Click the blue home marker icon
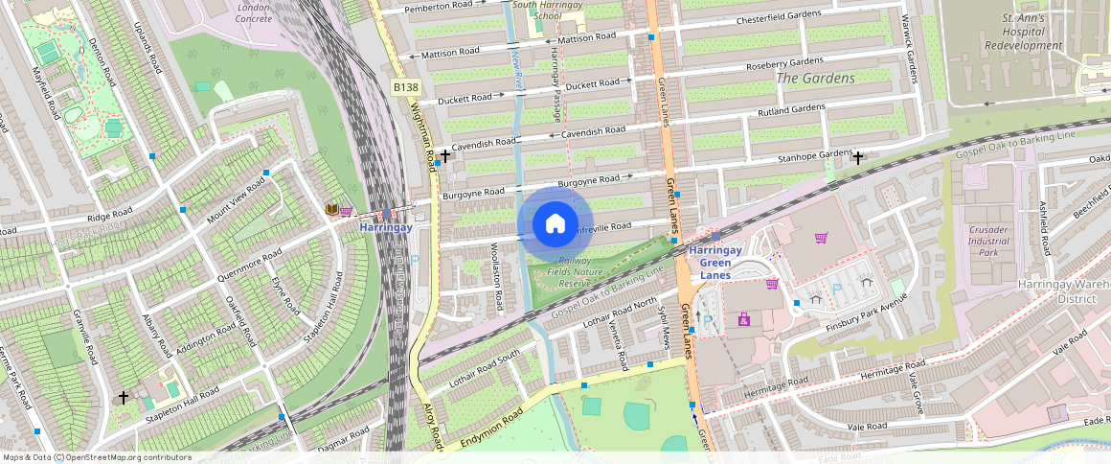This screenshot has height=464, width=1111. (x=555, y=224)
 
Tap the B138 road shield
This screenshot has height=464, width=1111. (x=405, y=87)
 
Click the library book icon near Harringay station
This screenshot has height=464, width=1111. (x=331, y=210)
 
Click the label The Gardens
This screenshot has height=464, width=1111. (x=815, y=79)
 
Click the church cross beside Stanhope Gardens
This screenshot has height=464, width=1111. (x=858, y=158)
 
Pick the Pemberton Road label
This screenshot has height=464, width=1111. (x=439, y=7)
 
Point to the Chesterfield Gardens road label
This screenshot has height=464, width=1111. (x=779, y=18)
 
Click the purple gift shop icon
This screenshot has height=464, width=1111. (x=744, y=319)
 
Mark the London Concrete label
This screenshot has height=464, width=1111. (x=254, y=12)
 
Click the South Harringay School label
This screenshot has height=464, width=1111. (x=550, y=11)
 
